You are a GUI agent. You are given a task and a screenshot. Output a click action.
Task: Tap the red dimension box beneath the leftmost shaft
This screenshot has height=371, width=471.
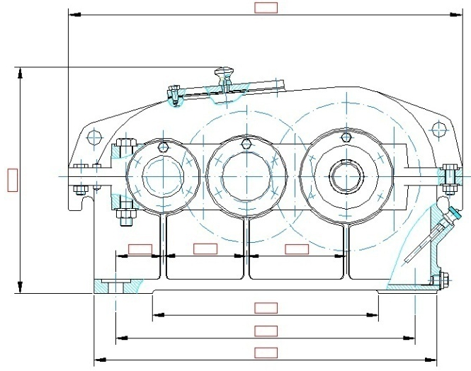click(139, 249)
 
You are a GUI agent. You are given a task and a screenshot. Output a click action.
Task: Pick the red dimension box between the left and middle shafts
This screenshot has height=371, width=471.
click(205, 249)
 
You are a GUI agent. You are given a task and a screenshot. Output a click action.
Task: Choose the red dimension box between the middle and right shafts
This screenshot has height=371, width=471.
click(296, 249)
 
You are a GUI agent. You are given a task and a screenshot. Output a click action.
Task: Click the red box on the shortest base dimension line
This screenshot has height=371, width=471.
click(266, 307)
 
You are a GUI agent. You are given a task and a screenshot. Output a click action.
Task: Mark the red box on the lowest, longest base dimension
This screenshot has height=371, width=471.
click(266, 352)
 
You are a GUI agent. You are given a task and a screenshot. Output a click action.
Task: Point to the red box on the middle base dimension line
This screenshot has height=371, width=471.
click(266, 330)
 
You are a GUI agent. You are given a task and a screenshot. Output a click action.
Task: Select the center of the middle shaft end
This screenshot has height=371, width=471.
click(244, 174)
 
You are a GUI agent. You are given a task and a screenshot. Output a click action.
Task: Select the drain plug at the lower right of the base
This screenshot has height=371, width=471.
click(443, 280)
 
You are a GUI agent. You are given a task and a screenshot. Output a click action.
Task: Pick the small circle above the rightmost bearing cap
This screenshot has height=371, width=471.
click(345, 137)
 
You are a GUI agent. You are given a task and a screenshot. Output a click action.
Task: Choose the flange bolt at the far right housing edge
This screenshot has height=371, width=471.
click(448, 177)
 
